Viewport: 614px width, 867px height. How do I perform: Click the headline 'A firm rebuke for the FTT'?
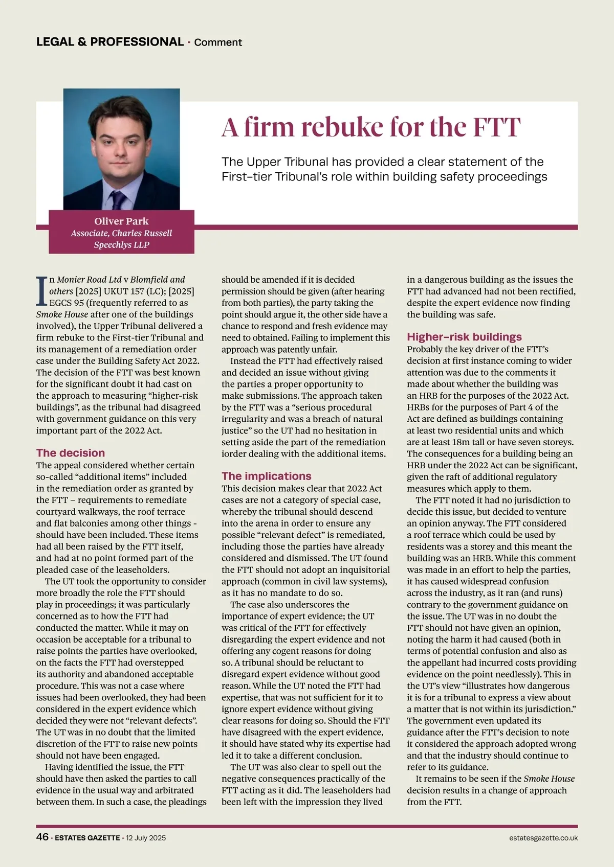coord(371,127)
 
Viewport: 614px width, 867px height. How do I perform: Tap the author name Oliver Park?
coord(121,221)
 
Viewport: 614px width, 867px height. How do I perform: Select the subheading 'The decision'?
coord(71,453)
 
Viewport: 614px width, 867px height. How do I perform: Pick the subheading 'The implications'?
coord(266,476)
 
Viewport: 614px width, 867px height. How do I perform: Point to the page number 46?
coord(42,837)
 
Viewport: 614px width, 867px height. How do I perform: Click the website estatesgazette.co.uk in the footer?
coord(543,838)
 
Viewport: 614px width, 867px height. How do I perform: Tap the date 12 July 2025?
coord(146,838)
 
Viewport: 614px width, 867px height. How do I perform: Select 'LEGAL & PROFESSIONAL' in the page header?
coord(110,42)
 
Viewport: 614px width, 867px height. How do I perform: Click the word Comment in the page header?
coord(218,42)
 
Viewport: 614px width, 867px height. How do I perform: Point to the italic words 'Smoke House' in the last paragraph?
coord(549,779)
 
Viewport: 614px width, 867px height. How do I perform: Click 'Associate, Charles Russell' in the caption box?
coord(121,233)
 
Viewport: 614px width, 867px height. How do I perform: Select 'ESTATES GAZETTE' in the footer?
coord(87,838)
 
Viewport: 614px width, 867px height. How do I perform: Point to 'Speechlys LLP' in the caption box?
coord(121,245)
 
